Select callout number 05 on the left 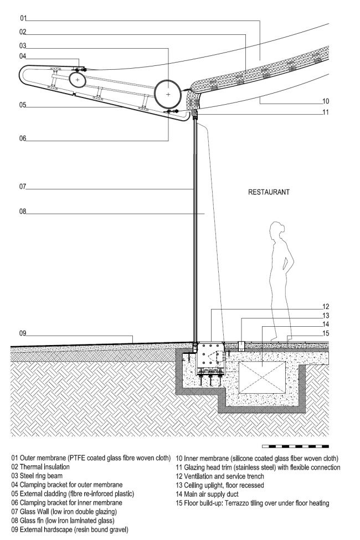[22, 104]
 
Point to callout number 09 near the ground [23, 333]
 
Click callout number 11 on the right [326, 112]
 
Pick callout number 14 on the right [326, 324]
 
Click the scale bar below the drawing [295, 446]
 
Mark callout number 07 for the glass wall [22, 187]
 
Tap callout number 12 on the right [326, 306]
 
